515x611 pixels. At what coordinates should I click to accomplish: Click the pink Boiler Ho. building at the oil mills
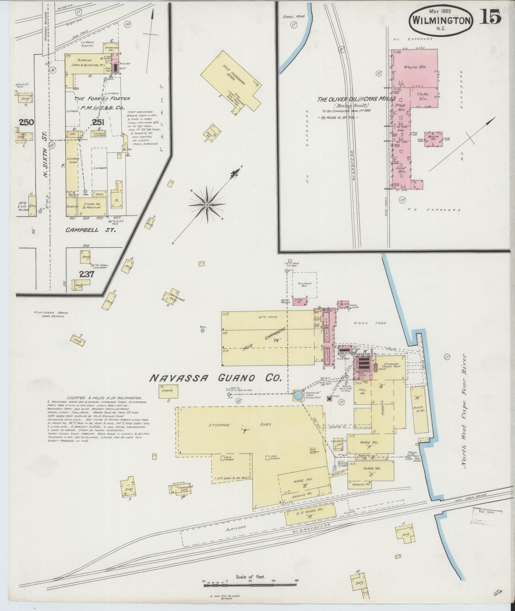click(433, 139)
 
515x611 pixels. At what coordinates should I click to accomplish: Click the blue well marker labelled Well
click(202, 331)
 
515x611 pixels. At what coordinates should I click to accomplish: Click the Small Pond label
click(294, 16)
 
